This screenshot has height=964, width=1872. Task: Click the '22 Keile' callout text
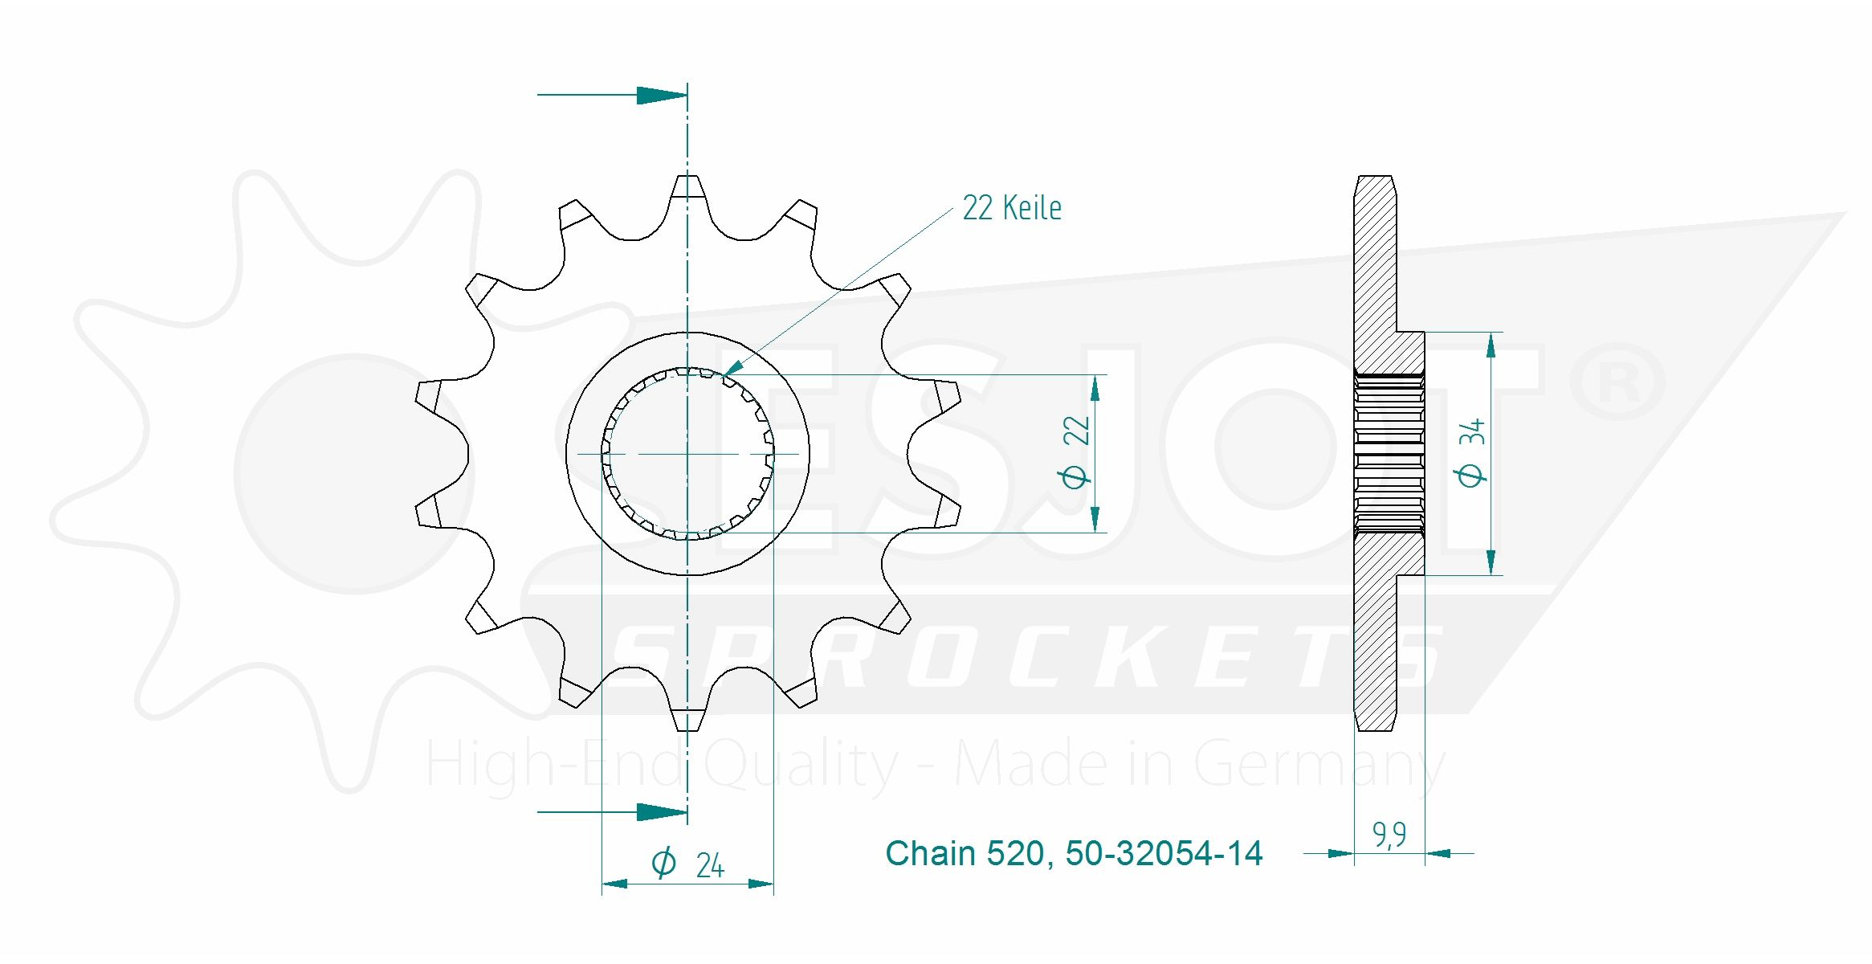tap(1012, 208)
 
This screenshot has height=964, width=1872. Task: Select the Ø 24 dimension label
tap(687, 864)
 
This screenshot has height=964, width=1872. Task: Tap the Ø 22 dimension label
tap(1075, 451)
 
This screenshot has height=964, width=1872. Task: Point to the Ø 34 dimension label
tap(1470, 451)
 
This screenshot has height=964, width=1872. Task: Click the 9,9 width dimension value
tap(1389, 835)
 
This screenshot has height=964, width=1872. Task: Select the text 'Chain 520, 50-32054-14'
tap(1074, 853)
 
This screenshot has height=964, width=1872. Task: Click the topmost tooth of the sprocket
tap(687, 193)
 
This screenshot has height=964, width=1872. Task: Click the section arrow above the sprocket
tap(612, 95)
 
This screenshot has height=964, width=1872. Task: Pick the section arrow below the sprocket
tap(612, 811)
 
